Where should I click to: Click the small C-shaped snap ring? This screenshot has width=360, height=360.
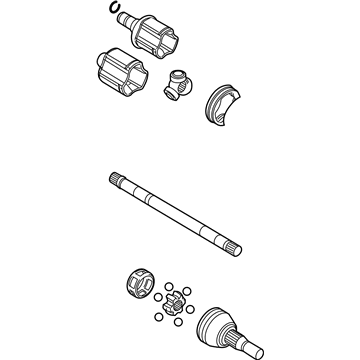tap(118, 12)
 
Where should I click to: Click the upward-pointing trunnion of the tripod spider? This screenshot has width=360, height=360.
tap(181, 74)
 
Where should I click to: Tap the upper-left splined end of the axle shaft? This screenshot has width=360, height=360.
tap(116, 179)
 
